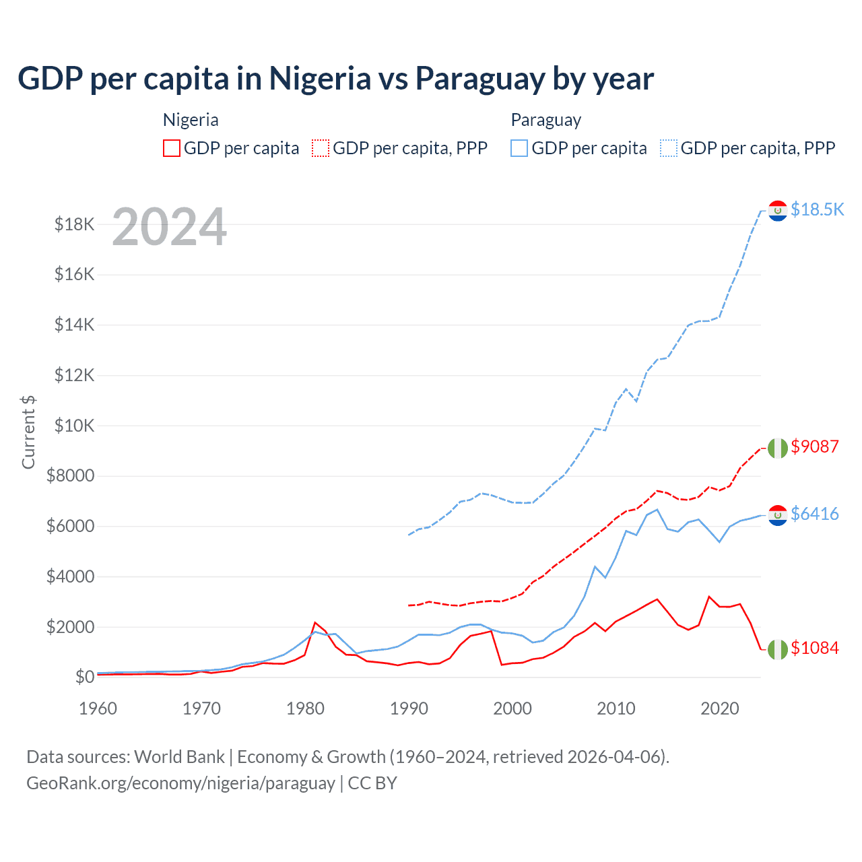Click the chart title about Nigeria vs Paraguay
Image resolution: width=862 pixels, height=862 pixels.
coord(335,78)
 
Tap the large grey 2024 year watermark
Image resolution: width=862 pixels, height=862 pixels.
coord(169,227)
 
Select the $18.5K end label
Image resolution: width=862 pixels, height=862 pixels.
coord(817,209)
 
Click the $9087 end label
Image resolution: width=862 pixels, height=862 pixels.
coord(815,446)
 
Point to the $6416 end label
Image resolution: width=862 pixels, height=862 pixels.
coord(815,514)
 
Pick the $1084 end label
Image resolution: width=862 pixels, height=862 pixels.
coord(815,648)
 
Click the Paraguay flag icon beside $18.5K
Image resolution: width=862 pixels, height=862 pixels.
coord(778,211)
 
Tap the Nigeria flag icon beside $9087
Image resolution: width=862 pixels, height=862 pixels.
coord(778,448)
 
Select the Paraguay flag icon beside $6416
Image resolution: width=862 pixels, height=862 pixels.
coord(778,515)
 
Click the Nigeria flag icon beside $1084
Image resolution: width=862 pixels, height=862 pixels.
coord(778,649)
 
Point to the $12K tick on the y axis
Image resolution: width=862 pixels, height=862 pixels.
coord(74,375)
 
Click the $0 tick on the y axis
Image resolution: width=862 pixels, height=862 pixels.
coord(84,677)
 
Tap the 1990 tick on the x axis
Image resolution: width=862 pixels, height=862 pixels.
coord(409,708)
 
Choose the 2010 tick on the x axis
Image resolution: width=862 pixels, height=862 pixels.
coord(616,708)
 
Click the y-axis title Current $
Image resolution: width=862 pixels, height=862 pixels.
coord(28,432)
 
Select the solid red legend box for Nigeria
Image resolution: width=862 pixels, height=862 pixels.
coord(172,148)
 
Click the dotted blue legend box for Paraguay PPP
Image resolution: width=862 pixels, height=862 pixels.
coord(669,148)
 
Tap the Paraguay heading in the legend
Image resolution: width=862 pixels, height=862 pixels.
coord(545,120)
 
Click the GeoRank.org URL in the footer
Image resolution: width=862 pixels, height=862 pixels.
coord(180,783)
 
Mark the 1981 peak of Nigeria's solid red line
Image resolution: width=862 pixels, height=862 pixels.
coord(315,622)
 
